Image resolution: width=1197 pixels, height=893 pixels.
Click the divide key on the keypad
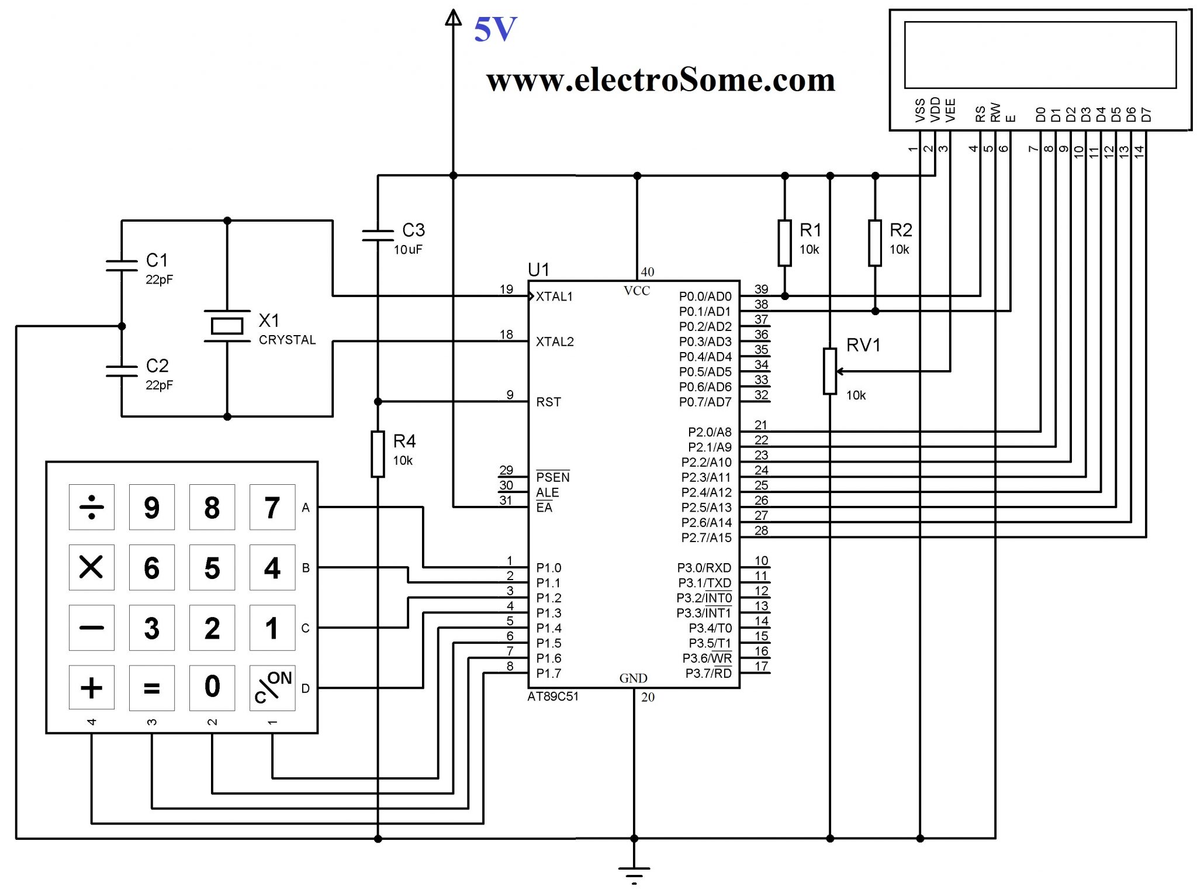[92, 507]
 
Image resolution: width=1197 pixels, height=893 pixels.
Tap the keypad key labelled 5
[212, 568]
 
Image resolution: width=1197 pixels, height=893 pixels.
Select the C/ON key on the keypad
[272, 688]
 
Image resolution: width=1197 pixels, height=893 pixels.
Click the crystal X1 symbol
[227, 326]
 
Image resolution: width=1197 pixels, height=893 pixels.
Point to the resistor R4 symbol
[378, 454]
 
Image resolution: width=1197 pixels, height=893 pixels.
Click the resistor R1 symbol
[785, 243]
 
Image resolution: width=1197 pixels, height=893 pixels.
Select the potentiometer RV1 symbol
[830, 371]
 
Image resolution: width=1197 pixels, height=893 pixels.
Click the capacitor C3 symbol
[378, 235]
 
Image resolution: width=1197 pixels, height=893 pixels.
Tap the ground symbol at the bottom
[634, 873]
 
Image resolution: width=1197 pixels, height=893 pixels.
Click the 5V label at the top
[495, 29]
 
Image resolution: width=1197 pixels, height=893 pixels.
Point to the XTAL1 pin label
[554, 296]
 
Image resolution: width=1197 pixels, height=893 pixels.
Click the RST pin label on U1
[548, 402]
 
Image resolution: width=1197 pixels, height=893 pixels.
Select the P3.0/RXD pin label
[704, 568]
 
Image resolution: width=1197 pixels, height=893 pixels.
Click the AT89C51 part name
[553, 697]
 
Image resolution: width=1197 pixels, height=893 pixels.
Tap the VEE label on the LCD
[951, 111]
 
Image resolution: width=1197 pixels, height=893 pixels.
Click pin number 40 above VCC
[648, 272]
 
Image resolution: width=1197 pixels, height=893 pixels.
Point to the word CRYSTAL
[287, 340]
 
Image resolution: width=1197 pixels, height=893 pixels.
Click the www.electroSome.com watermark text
[660, 80]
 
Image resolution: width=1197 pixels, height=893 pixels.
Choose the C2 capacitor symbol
[122, 370]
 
